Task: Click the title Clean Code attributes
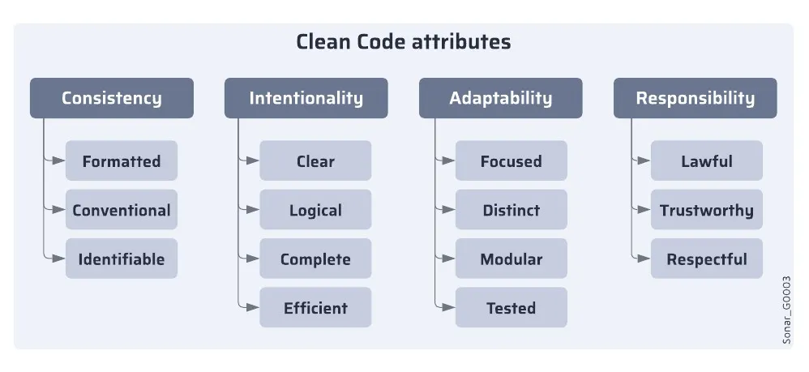click(x=403, y=41)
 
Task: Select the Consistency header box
click(x=112, y=98)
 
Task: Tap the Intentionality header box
click(x=306, y=98)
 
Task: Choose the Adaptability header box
click(x=500, y=98)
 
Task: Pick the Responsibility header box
click(x=695, y=98)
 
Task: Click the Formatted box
click(x=122, y=160)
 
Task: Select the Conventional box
click(x=122, y=210)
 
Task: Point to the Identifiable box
click(x=122, y=259)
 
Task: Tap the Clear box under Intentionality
click(x=315, y=160)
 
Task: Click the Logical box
click(x=315, y=210)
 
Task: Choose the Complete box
click(x=315, y=259)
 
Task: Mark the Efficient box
click(x=315, y=308)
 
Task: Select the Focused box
click(x=511, y=160)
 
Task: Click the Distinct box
click(x=511, y=210)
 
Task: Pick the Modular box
click(x=511, y=259)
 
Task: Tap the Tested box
click(x=511, y=308)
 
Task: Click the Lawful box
click(x=706, y=160)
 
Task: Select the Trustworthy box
click(x=706, y=210)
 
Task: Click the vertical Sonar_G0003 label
click(x=786, y=310)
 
